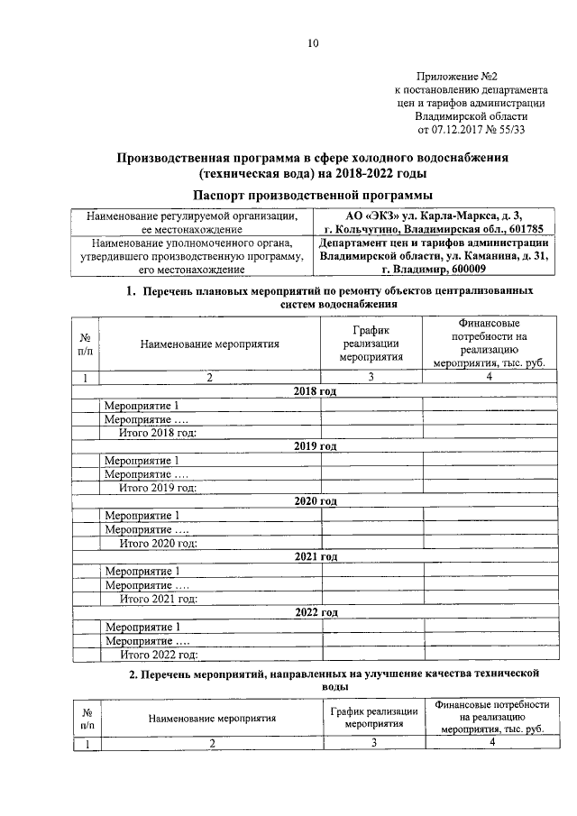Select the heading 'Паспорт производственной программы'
pos(312,195)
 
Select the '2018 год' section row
pos(316,391)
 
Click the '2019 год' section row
pos(316,446)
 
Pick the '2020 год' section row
pos(316,501)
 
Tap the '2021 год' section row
pos(316,556)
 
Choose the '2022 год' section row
pos(316,612)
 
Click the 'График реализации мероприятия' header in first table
pos(370,343)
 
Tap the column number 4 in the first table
pos(489,378)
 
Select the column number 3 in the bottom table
pos(372,742)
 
